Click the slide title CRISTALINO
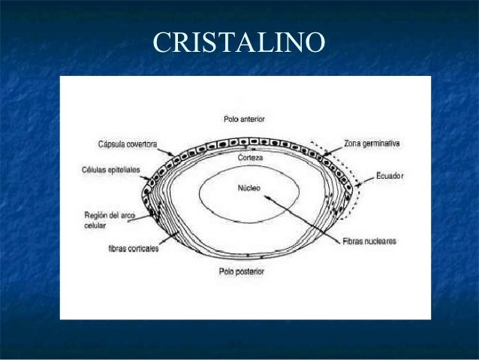coord(239,43)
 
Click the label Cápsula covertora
coord(126,144)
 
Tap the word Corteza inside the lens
coord(250,159)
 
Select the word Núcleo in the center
coord(249,188)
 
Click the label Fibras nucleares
coord(368,242)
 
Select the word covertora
coord(140,144)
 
